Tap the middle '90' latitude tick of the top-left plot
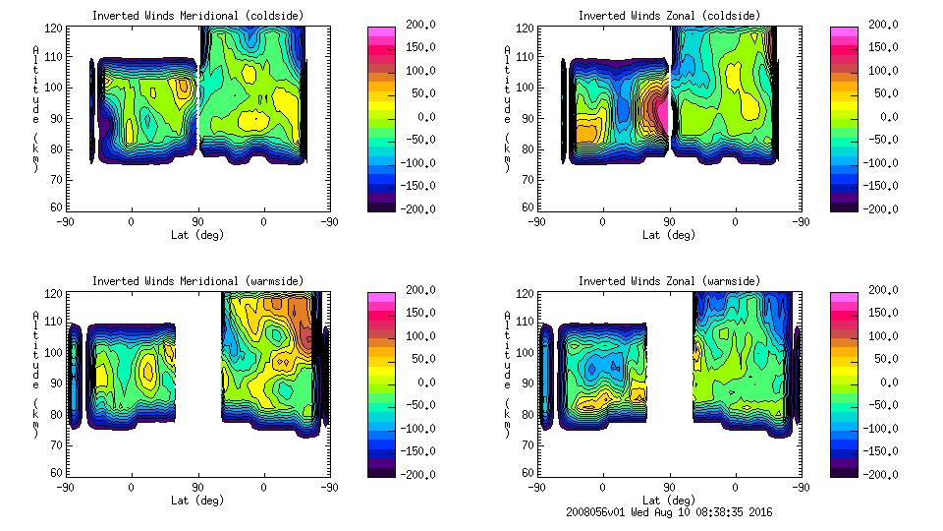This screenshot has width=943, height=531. click(197, 221)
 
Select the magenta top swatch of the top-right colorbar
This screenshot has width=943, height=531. click(843, 32)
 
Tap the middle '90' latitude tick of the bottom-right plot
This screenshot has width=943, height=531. click(669, 487)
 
